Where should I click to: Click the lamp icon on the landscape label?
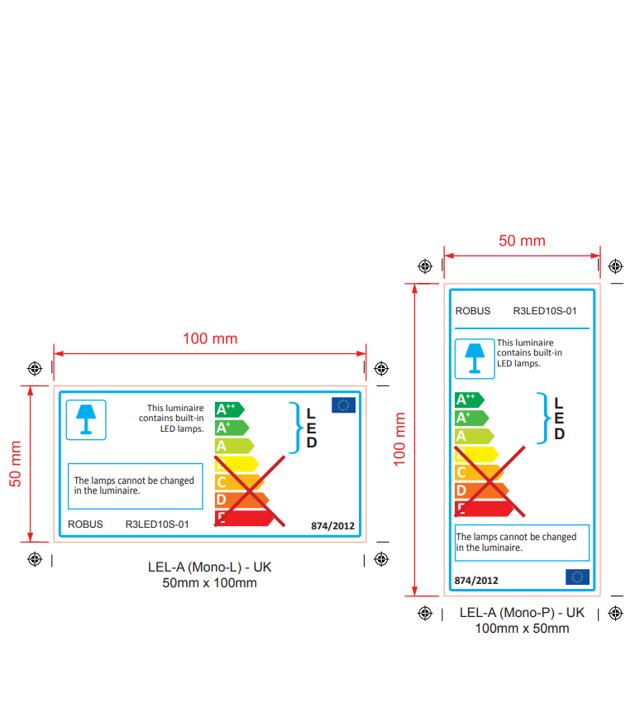(x=86, y=419)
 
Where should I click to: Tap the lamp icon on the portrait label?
(x=475, y=358)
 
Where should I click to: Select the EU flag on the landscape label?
(x=344, y=404)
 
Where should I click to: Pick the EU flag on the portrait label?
(x=577, y=577)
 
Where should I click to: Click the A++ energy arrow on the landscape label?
(x=230, y=409)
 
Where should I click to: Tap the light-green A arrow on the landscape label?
(x=235, y=446)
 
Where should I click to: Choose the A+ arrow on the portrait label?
(x=472, y=418)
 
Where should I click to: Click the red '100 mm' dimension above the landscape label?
(x=210, y=339)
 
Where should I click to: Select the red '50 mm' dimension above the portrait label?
(x=522, y=241)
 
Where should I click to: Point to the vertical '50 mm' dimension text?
(x=15, y=464)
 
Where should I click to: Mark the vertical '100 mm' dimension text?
(x=399, y=439)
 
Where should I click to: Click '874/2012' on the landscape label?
(x=332, y=526)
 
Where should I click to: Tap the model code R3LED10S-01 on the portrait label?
(x=545, y=311)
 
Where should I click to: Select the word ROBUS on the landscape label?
(x=85, y=524)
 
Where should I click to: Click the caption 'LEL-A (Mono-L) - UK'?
(x=209, y=567)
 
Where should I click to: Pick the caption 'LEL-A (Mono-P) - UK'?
(x=522, y=613)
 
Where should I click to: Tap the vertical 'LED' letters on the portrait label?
(x=559, y=419)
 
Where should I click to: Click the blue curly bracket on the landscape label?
(x=296, y=428)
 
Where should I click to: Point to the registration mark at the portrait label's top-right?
(x=615, y=266)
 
